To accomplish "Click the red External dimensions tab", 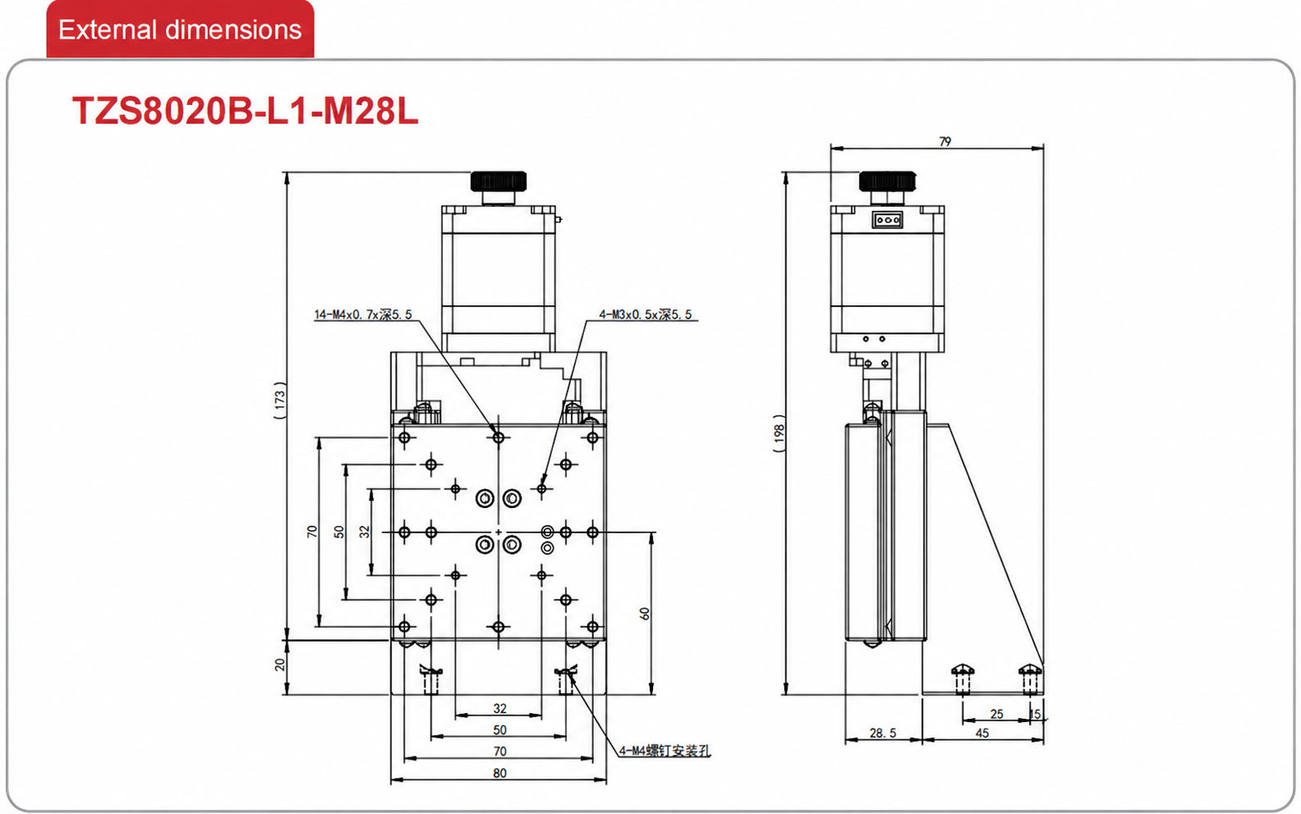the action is pos(180,29).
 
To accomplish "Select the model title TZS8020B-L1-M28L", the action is pos(244,111).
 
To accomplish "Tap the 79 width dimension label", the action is pos(945,141).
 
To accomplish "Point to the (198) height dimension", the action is pos(779,434).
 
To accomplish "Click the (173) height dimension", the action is pos(280,400).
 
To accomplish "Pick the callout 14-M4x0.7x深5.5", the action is pos(363,314).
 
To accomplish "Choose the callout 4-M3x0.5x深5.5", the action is pos(646,314).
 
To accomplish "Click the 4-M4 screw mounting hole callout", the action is pos(664,751).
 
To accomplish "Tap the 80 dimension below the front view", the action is pos(500,773).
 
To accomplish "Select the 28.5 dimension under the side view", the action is pos(883,734).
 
